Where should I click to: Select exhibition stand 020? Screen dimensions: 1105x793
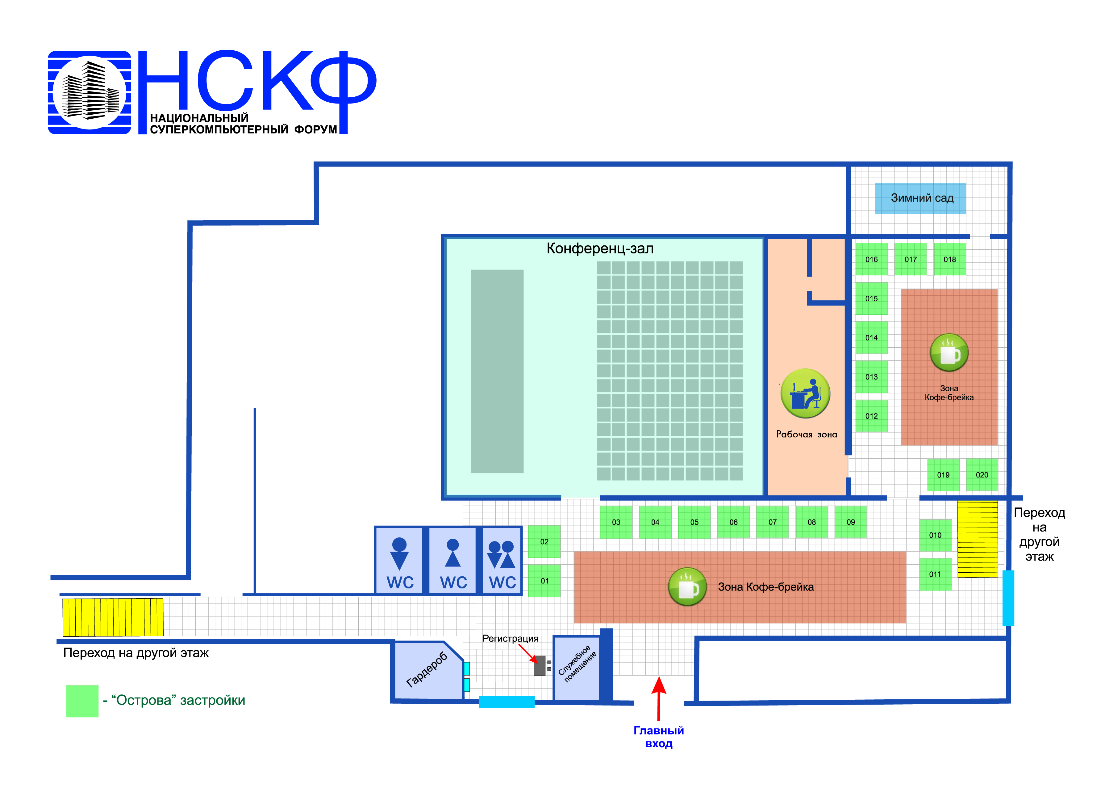[982, 474]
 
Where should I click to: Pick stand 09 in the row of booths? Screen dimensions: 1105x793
[851, 522]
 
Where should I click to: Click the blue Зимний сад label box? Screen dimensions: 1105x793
[920, 198]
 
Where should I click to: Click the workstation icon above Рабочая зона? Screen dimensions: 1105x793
[805, 393]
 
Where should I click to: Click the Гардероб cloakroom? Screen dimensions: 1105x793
[427, 671]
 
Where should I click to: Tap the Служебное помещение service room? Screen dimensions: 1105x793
[577, 668]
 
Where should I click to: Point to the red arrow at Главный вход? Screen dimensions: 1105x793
[659, 698]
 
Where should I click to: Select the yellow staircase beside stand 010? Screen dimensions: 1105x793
[977, 539]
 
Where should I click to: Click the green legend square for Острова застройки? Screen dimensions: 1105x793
[82, 701]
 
